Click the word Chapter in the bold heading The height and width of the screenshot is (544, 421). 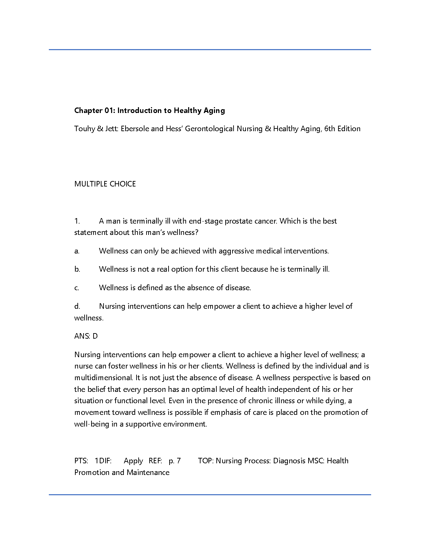pyautogui.click(x=88, y=111)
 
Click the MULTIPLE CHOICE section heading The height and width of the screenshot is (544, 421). pyautogui.click(x=105, y=184)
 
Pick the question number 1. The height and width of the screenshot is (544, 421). pyautogui.click(x=77, y=221)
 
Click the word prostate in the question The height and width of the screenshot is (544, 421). pyautogui.click(x=238, y=221)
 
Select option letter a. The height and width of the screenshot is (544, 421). pyautogui.click(x=77, y=251)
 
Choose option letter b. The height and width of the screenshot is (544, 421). pyautogui.click(x=77, y=269)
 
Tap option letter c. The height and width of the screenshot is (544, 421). pyautogui.click(x=77, y=288)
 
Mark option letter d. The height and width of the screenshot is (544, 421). pyautogui.click(x=77, y=306)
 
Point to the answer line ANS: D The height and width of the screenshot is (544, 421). pyautogui.click(x=86, y=336)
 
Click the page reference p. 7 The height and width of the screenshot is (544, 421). pyautogui.click(x=175, y=461)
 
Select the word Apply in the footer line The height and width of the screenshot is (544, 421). pyautogui.click(x=133, y=461)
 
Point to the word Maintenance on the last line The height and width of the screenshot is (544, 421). pyautogui.click(x=148, y=473)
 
